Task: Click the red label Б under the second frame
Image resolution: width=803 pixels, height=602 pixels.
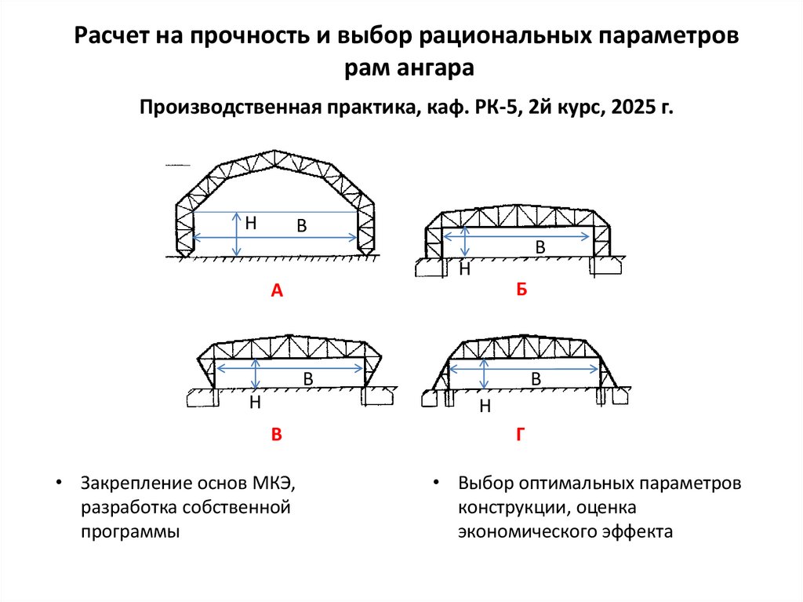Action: [521, 290]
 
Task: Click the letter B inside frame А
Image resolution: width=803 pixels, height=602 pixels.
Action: [301, 226]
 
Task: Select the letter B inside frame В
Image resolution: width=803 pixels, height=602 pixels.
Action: [308, 379]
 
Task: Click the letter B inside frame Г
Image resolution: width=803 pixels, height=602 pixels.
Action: [537, 379]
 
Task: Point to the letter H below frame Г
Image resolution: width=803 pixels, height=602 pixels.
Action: [485, 407]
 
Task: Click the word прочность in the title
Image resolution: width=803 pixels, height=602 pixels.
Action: [256, 38]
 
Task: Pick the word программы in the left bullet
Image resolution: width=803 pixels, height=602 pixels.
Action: [129, 531]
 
